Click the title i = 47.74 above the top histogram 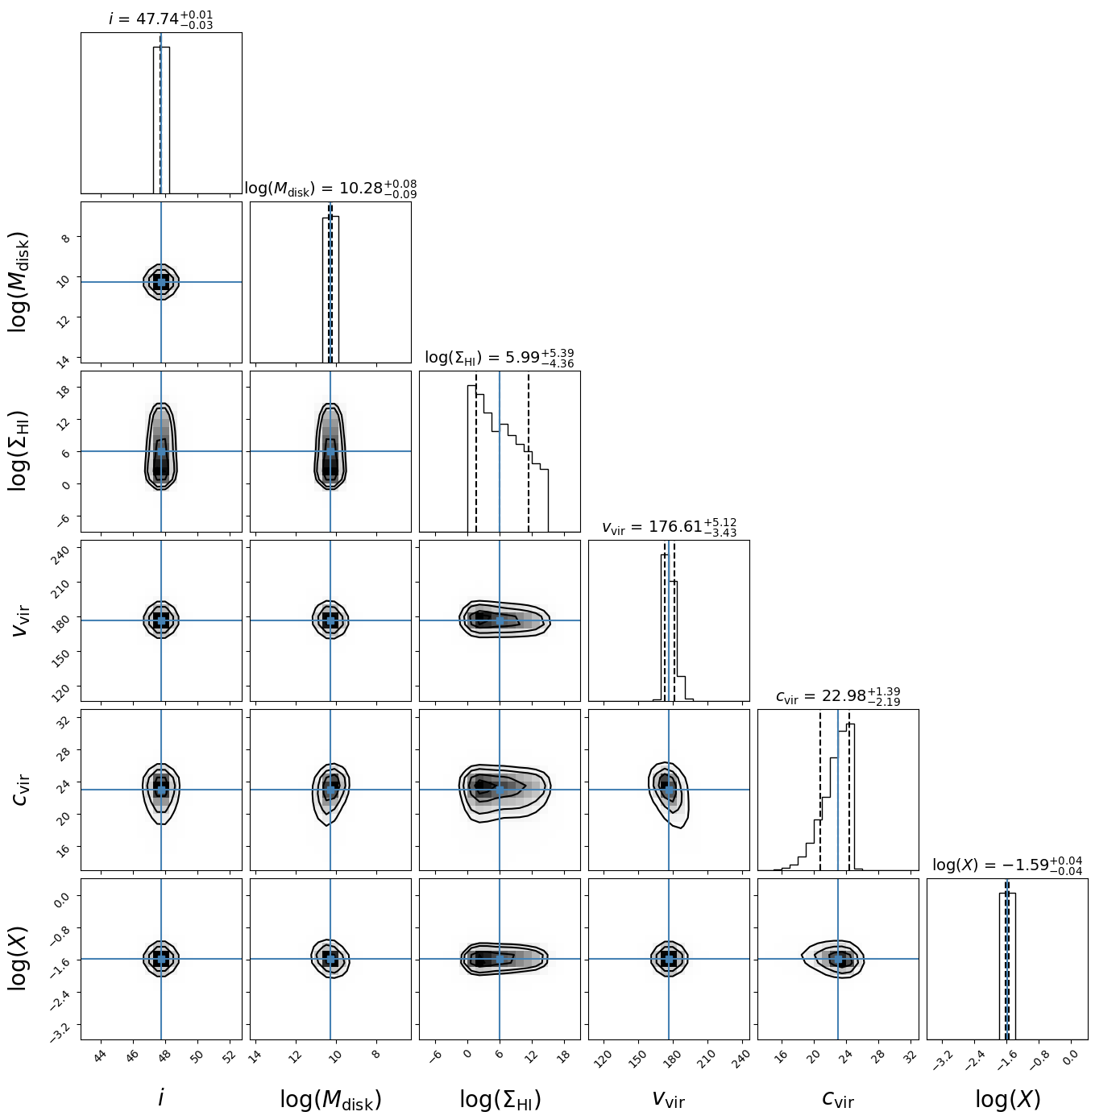(161, 19)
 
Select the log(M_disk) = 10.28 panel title (330, 189)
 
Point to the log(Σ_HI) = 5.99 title (500, 358)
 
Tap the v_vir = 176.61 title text (669, 527)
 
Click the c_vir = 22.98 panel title (838, 696)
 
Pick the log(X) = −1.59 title (1007, 865)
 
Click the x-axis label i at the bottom (161, 1098)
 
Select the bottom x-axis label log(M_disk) (330, 1100)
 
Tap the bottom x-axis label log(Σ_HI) (500, 1100)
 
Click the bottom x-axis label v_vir (669, 1100)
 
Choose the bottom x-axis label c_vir (838, 1100)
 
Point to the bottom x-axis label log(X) (1007, 1100)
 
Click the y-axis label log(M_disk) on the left (19, 282)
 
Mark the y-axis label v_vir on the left (21, 620)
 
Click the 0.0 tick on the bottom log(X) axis (1070, 1058)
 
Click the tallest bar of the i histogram (161, 121)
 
